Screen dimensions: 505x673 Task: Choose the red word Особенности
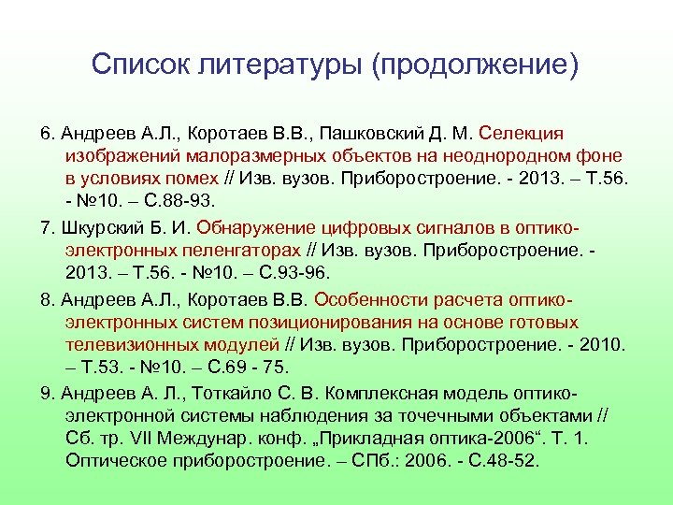coord(370,300)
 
